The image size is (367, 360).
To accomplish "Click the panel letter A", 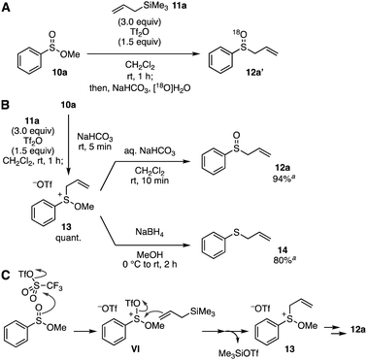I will coord(6,7).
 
